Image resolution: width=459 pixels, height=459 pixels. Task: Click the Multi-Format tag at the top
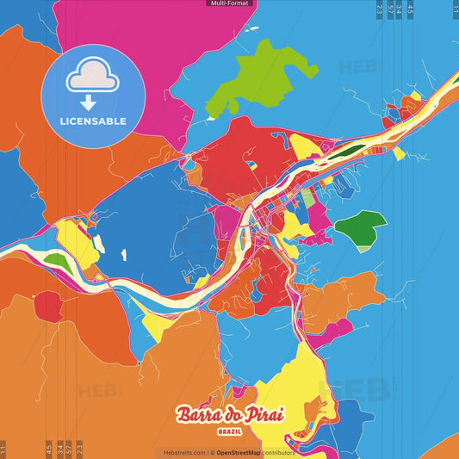[229, 3]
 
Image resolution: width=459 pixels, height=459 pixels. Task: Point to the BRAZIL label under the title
[229, 431]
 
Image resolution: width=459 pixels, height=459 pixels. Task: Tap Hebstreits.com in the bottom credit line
[184, 452]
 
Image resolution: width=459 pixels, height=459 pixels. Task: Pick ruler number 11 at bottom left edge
[3, 447]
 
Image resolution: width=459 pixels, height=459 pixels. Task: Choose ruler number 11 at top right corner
[455, 9]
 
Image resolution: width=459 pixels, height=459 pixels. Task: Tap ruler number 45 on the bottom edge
[49, 447]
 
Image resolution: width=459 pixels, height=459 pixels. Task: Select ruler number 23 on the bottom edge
[79, 447]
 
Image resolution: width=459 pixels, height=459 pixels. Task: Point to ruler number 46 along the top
[410, 9]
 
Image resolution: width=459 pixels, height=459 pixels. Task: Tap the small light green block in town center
[307, 198]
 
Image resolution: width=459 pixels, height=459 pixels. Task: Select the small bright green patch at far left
[54, 259]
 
